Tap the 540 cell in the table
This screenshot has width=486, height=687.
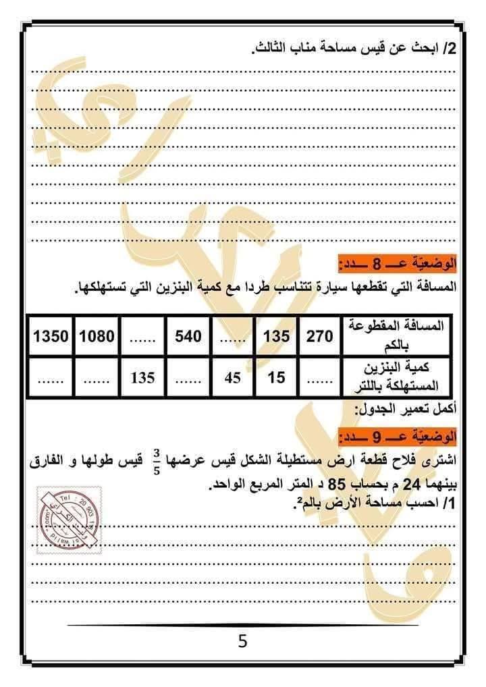(x=188, y=335)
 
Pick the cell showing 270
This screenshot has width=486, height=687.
(x=319, y=335)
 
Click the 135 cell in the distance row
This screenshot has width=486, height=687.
(x=276, y=335)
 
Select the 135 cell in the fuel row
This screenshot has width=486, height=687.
(x=142, y=378)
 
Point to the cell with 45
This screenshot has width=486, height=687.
(x=232, y=378)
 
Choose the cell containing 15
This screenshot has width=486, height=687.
(x=276, y=378)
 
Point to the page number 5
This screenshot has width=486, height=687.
(x=242, y=640)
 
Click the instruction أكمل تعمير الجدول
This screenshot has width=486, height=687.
(x=406, y=410)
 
